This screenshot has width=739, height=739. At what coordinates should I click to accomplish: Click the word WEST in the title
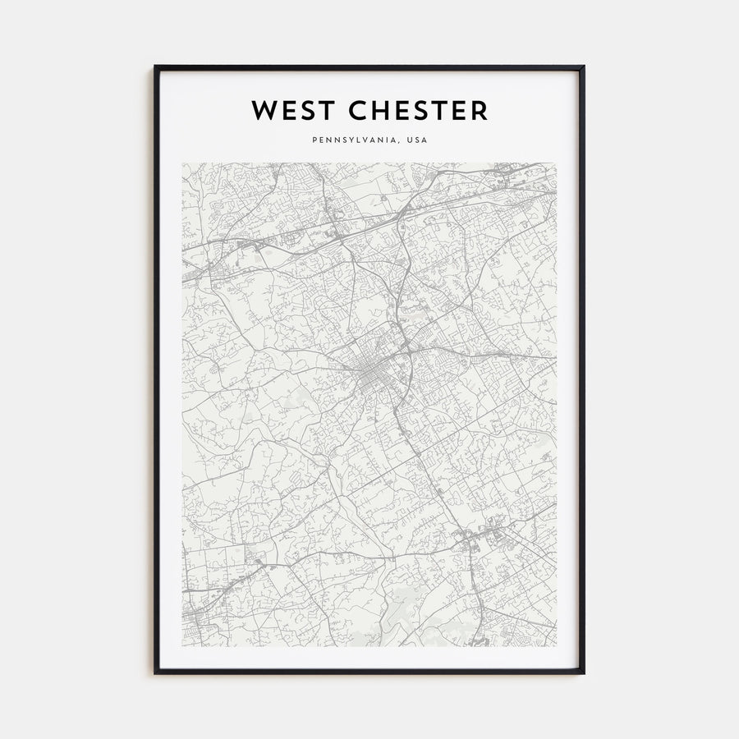click(x=292, y=110)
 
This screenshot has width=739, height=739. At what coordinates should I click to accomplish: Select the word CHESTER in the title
click(x=417, y=110)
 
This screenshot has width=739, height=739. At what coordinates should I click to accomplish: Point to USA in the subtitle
click(x=416, y=140)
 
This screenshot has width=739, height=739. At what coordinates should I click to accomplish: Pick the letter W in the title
click(x=264, y=110)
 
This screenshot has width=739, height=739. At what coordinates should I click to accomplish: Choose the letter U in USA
click(x=408, y=140)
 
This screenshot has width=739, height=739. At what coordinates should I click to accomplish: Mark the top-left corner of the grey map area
click(x=182, y=163)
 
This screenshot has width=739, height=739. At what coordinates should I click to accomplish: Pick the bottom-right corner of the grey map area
click(x=556, y=646)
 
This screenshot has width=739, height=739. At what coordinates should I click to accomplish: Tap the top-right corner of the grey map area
click(x=556, y=163)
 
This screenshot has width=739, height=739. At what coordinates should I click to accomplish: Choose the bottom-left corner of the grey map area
click(x=182, y=646)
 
